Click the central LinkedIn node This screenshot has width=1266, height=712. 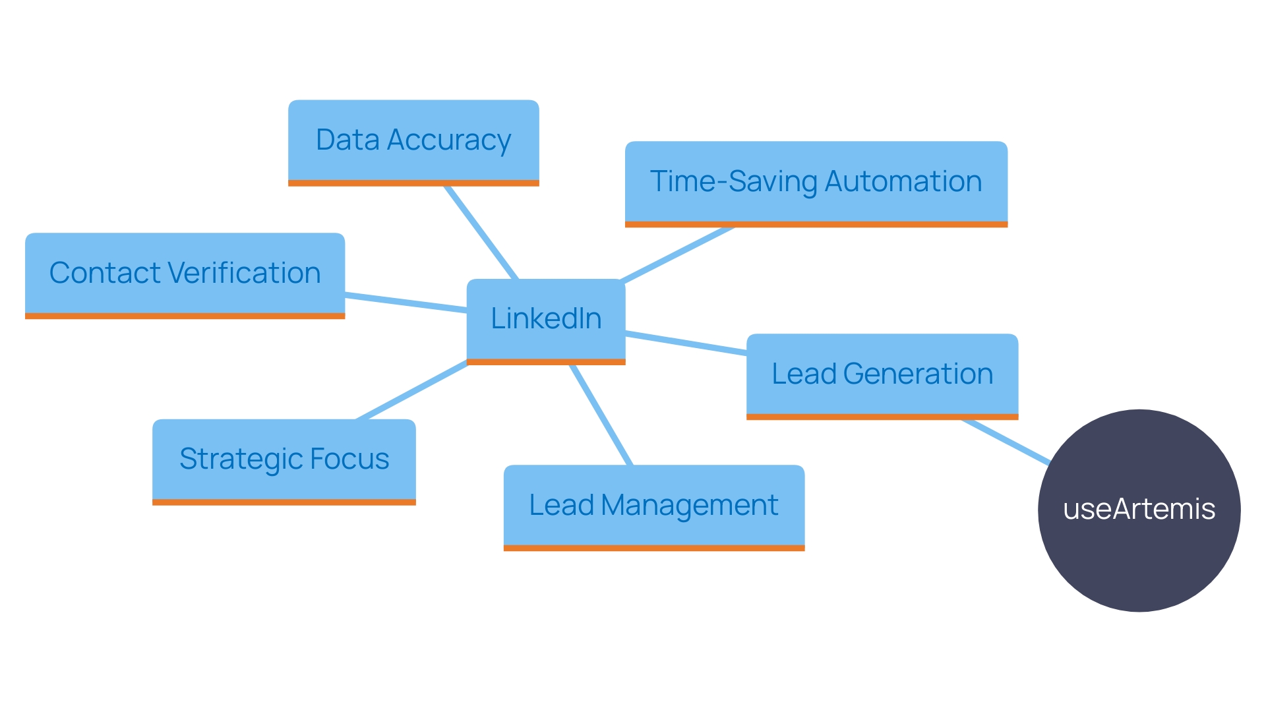545,320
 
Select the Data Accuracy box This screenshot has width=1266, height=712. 413,142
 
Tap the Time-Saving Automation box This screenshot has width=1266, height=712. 816,183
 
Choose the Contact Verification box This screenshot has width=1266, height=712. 185,274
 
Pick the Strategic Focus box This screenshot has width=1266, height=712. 284,460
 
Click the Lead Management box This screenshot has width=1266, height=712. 653,506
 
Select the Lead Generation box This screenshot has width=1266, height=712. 882,375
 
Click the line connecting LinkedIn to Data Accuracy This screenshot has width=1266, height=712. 481,232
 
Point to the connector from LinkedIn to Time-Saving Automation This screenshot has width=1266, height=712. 678,254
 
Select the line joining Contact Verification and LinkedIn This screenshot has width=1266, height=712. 406,302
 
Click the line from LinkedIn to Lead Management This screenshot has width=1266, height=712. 601,415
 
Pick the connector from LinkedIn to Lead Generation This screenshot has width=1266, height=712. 686,343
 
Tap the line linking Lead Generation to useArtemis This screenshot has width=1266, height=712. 1006,441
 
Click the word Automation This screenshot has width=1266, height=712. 903,182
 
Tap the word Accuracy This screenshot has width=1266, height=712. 448,141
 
